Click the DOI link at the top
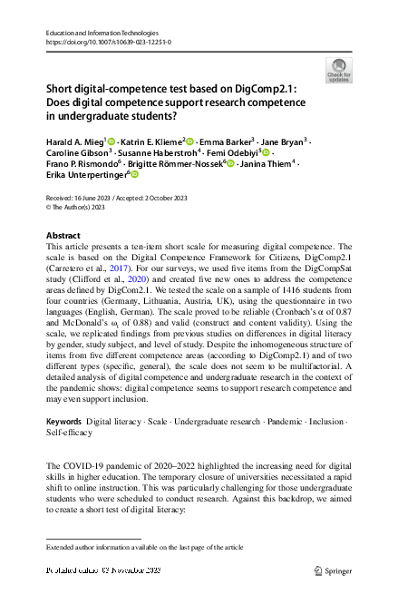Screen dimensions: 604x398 pyautogui.click(x=108, y=42)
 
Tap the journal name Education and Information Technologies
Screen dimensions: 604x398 pyautogui.click(x=108, y=33)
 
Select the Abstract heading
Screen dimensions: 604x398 pyautogui.click(x=63, y=235)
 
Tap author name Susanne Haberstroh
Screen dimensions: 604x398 pyautogui.click(x=153, y=152)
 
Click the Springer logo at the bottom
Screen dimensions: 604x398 pyautogui.click(x=331, y=570)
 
